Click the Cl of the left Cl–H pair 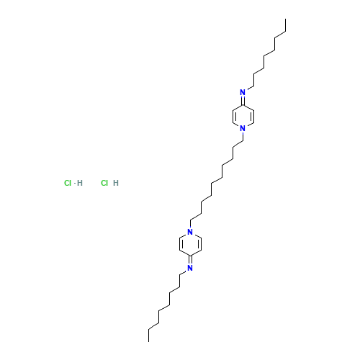click(x=68, y=183)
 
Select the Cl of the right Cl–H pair click(x=104, y=183)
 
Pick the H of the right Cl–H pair click(x=116, y=183)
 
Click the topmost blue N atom click(x=243, y=92)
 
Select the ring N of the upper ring click(x=243, y=128)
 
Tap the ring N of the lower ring click(x=190, y=232)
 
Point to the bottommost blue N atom click(x=190, y=268)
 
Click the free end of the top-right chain click(x=287, y=32)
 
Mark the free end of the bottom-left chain click(x=148, y=328)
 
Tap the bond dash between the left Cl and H click(x=73, y=183)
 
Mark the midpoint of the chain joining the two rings click(x=217, y=180)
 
